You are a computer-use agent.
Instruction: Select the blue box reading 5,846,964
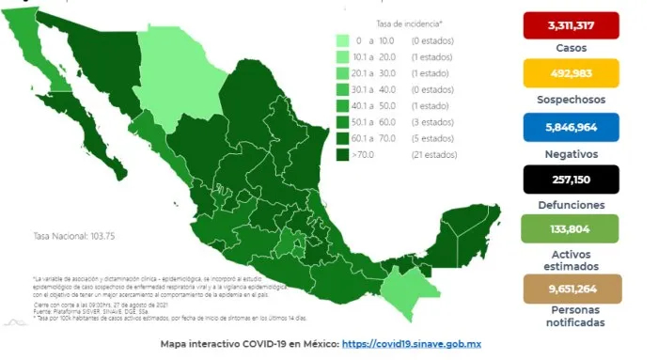(x=577, y=125)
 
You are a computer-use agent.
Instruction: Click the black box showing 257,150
(x=577, y=179)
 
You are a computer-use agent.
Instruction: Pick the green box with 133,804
(x=577, y=229)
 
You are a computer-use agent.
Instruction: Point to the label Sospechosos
(x=577, y=100)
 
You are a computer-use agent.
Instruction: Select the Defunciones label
(x=577, y=204)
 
